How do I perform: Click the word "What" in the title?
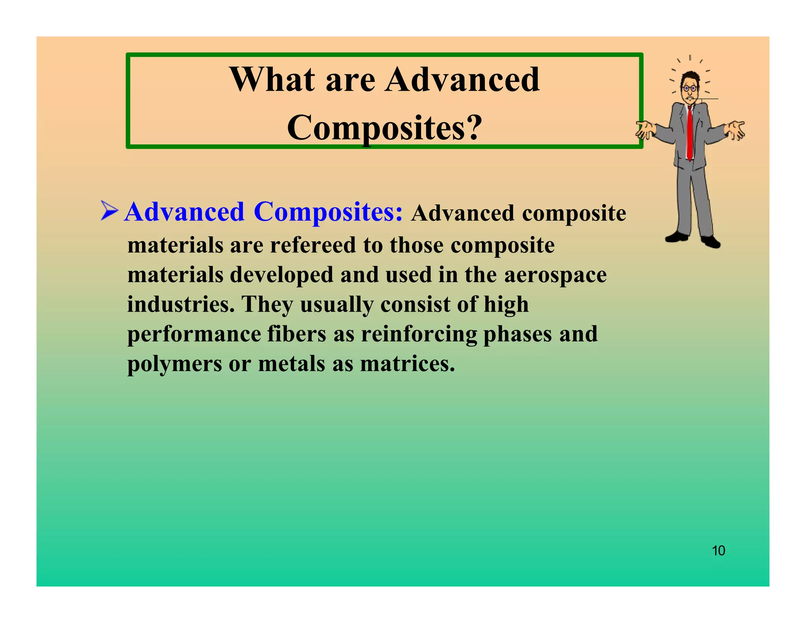click(272, 80)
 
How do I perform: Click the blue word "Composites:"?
click(328, 212)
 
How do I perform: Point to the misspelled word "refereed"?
click(313, 245)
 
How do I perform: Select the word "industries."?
click(181, 304)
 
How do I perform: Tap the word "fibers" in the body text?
click(297, 334)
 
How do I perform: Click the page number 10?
click(718, 551)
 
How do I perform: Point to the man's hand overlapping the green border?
click(645, 130)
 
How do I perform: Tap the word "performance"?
click(194, 335)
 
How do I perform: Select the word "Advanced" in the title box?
click(462, 80)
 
